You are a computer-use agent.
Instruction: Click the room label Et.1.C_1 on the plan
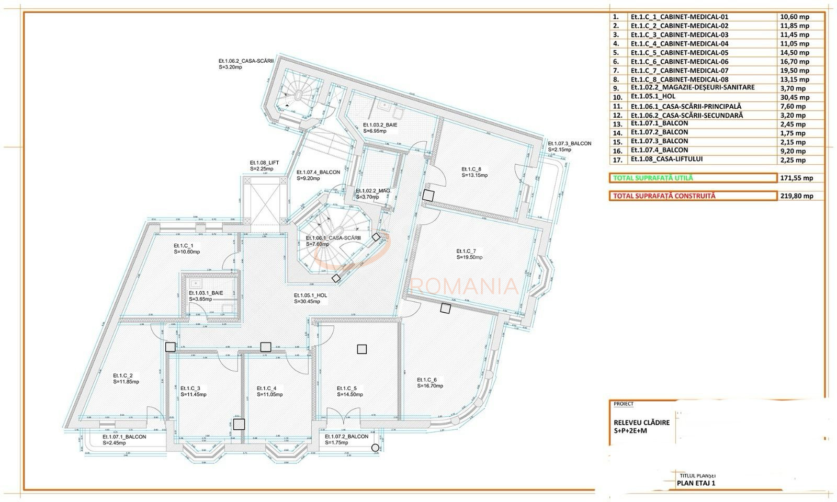point(184,245)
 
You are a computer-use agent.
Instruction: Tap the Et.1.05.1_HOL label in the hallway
point(310,295)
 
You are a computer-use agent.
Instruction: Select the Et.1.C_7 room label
point(466,250)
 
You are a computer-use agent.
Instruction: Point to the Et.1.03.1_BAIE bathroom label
point(206,293)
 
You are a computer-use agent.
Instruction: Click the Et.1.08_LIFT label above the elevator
point(264,163)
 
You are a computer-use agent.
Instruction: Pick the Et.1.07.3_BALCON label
point(569,143)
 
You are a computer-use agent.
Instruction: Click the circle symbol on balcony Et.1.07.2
point(375,447)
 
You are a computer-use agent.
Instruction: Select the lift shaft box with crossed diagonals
point(264,201)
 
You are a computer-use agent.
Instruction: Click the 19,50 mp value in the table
point(794,71)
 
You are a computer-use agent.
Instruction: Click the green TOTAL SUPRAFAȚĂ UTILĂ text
point(653,178)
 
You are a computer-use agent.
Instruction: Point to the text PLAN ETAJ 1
point(696,483)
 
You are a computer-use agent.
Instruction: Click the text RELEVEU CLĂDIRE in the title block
point(641,423)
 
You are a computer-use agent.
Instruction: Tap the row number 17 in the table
point(617,159)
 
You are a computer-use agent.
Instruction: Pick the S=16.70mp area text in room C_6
point(430,386)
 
